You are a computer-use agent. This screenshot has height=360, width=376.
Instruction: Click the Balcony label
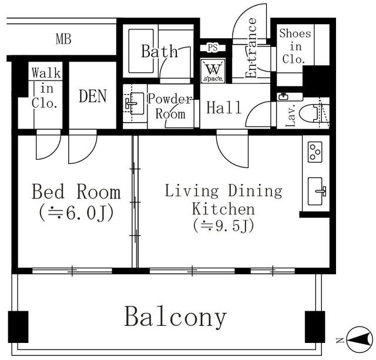coord(175,317)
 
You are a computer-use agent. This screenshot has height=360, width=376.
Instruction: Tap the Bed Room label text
coord(76,192)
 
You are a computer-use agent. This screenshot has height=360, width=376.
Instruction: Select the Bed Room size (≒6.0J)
coord(76,212)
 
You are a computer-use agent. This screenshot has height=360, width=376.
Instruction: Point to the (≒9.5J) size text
coord(223,226)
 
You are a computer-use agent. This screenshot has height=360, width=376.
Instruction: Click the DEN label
coord(92,96)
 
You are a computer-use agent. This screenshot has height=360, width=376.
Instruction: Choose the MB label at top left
coord(63,40)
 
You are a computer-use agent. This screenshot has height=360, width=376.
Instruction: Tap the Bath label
coord(159,51)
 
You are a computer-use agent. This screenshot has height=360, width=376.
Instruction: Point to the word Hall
coord(224,107)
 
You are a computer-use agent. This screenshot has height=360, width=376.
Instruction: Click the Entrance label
coord(251,49)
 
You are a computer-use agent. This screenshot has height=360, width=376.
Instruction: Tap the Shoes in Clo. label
coord(293,46)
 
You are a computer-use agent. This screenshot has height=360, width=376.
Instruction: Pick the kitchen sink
coord(315,191)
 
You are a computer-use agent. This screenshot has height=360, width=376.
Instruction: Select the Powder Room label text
coord(169,106)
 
